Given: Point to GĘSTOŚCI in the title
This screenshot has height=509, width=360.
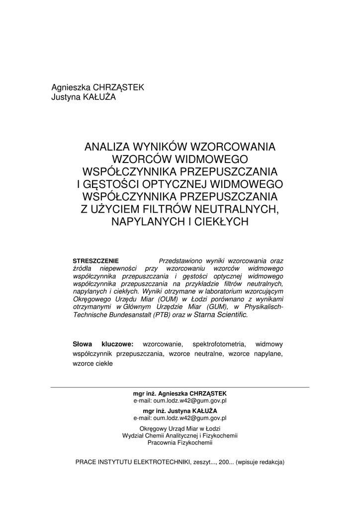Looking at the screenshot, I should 108,184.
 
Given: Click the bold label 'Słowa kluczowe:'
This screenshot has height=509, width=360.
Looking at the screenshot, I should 103,343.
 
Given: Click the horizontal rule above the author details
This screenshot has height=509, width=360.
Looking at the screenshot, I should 180,387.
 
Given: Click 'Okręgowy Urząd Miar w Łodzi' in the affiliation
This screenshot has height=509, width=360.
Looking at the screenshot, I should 180,428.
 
